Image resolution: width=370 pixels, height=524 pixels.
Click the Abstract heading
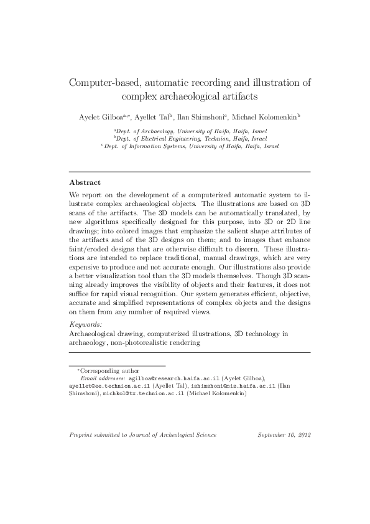pyautogui.click(x=84, y=183)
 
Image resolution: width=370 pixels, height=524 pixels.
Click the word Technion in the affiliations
pyautogui.click(x=217, y=139)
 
